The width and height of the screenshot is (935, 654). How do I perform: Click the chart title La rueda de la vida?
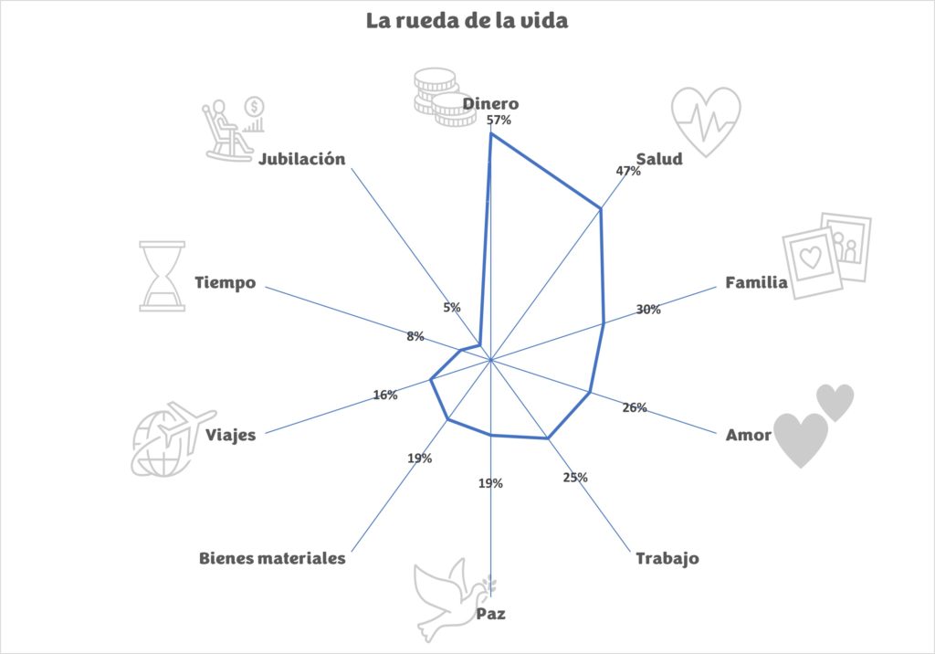coord(467,21)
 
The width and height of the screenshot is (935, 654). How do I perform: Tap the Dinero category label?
coord(490,104)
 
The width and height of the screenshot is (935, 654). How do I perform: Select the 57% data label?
coord(499,120)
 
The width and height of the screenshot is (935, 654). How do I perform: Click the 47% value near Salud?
coord(628,171)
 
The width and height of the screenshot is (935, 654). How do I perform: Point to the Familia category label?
coord(756,282)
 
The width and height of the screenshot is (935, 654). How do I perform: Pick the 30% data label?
coord(648,309)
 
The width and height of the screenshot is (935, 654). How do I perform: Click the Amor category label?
coord(749,435)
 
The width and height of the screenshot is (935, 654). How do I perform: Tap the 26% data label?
coord(635,407)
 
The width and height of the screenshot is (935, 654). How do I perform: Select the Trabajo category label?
coord(667,558)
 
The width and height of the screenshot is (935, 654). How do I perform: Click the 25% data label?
coord(575,478)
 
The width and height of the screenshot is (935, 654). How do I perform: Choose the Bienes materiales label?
coord(272,558)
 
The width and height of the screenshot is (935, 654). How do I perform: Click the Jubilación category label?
coord(301,159)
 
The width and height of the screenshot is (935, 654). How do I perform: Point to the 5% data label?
coord(452,307)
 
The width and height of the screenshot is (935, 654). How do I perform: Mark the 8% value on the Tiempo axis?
coord(415,336)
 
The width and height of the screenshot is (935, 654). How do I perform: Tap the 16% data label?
coord(385,395)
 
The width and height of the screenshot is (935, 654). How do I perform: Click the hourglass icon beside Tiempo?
coord(163,276)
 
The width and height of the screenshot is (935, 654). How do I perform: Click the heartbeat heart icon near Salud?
coord(706,121)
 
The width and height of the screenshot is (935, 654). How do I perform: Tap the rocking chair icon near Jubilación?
coord(234,130)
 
